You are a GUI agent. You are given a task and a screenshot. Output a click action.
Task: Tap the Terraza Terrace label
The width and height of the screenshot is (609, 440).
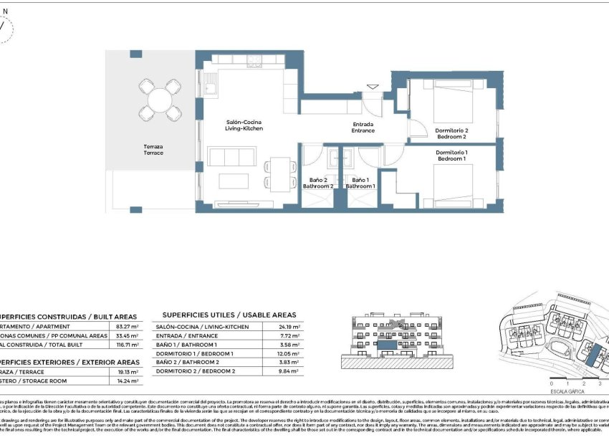pos(153,150)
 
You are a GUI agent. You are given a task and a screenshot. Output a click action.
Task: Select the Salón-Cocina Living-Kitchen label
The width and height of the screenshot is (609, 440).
pos(244,125)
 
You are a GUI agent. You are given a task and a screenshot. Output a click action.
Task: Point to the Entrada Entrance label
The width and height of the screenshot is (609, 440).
pos(363,128)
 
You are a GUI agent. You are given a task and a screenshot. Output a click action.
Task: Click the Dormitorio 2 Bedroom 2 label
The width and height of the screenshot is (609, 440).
pos(451,133)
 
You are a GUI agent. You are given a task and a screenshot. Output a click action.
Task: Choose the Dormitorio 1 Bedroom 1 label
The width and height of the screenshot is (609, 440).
pos(451,156)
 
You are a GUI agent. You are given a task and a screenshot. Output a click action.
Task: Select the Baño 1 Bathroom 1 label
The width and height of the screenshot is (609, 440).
pos(359,183)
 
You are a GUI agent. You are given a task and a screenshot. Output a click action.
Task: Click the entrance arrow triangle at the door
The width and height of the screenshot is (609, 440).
pos(372,87)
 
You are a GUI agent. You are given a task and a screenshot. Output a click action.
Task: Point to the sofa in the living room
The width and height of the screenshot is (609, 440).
pos(230,158)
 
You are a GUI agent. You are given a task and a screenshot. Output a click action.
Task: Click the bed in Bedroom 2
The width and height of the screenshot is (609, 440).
pos(454,102)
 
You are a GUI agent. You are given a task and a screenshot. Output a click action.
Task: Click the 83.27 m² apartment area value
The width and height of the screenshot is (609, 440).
pos(127,326)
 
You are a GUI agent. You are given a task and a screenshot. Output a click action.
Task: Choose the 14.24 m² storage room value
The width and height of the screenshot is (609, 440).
pos(127,381)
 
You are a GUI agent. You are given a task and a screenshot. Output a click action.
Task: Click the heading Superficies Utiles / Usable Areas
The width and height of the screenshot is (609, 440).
pos(229,315)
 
